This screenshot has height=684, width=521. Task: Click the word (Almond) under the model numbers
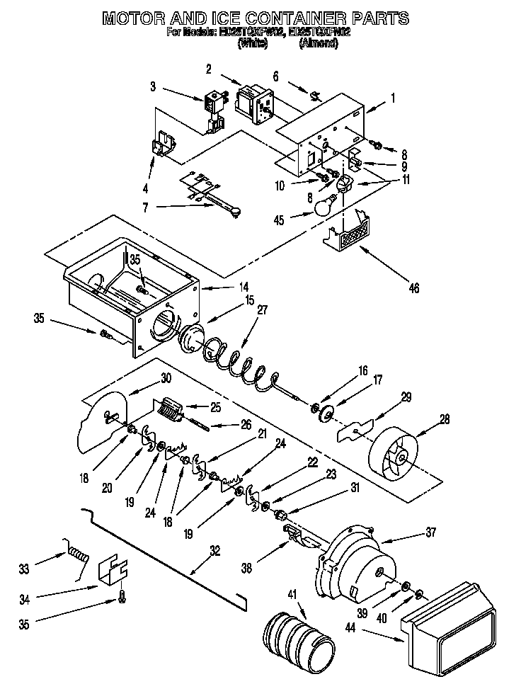point(324,43)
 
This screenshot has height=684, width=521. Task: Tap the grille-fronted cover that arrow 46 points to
point(350,234)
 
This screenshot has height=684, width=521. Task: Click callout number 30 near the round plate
point(166,378)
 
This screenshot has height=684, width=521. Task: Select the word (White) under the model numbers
point(253,43)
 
